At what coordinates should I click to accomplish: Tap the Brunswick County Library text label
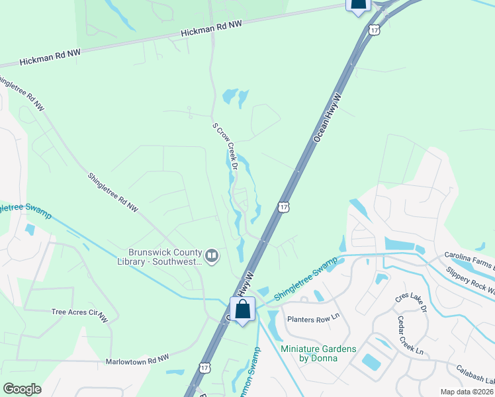(x=165, y=257)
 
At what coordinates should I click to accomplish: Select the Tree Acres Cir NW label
(x=79, y=312)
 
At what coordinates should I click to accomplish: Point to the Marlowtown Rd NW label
(x=137, y=361)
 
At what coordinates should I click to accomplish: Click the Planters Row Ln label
(x=312, y=319)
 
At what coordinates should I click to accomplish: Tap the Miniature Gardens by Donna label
(x=318, y=353)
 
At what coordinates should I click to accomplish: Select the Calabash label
(x=475, y=373)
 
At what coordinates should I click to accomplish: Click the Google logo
(x=22, y=389)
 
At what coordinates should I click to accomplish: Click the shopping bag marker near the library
(x=243, y=310)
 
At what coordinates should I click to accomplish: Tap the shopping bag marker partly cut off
(x=358, y=5)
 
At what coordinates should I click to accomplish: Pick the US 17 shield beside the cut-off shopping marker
(x=375, y=30)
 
